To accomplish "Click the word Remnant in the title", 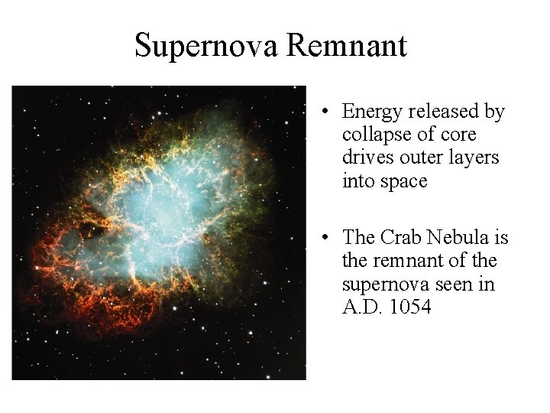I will click(x=347, y=46).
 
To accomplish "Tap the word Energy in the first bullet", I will click(x=372, y=112).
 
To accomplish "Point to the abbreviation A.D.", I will click(x=361, y=307).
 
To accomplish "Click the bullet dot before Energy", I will click(x=325, y=112).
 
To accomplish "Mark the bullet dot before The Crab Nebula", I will click(x=325, y=239).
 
